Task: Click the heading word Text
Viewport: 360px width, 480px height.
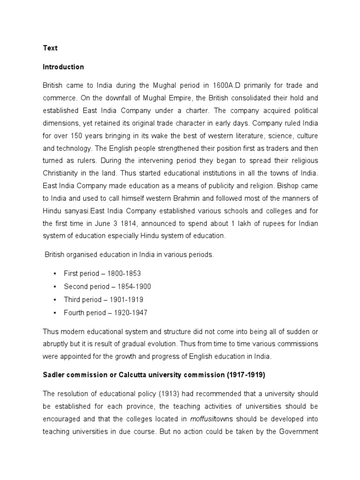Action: (50, 48)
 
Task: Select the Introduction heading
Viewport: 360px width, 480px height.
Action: (63, 67)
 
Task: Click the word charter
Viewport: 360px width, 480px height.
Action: (197, 111)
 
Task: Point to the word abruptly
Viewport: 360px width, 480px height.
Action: (57, 344)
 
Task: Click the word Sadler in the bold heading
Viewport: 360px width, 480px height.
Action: (53, 375)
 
